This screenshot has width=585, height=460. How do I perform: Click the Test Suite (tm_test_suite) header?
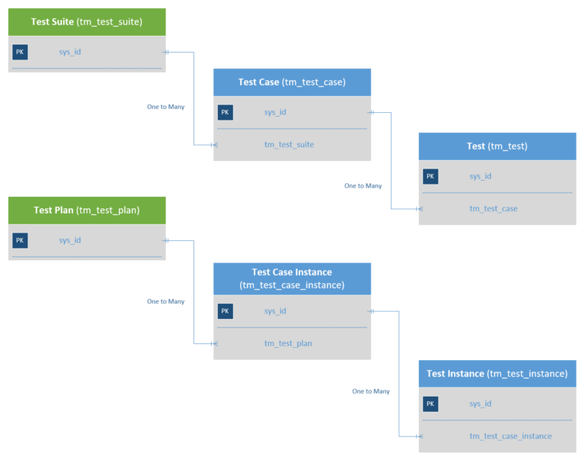click(x=86, y=21)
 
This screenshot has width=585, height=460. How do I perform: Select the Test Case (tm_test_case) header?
click(x=292, y=82)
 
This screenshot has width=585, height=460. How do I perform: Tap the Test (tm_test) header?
click(x=497, y=146)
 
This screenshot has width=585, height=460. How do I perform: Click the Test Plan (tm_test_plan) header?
click(x=86, y=210)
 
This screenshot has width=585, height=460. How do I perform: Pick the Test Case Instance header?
click(x=292, y=278)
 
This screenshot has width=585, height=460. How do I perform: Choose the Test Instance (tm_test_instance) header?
click(x=497, y=374)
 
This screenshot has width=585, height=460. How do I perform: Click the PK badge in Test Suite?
click(x=20, y=53)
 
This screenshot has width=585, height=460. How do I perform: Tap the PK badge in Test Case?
click(x=225, y=113)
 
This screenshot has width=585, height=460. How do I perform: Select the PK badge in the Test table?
click(x=430, y=176)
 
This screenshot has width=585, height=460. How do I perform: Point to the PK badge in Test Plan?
click(x=20, y=240)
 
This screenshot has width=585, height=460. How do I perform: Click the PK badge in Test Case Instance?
click(x=225, y=311)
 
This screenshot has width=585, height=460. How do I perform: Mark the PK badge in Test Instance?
click(x=430, y=404)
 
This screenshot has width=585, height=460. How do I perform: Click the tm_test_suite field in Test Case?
click(x=289, y=144)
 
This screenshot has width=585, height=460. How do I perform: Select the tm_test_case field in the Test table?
click(x=493, y=208)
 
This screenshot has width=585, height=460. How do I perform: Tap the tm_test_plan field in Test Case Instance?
click(x=288, y=343)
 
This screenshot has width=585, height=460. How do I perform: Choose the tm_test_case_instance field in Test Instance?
click(x=510, y=436)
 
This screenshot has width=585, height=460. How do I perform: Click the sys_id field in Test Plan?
click(x=70, y=240)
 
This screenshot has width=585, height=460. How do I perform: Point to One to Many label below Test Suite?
click(x=165, y=107)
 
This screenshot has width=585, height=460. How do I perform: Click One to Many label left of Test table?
click(x=363, y=186)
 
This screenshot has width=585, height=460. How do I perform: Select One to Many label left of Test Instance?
click(x=370, y=391)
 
